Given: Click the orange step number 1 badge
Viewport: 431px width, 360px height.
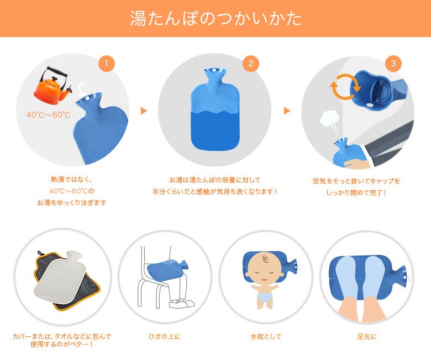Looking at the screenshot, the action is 107,64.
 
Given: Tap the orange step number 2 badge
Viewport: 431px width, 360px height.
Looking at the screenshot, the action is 251,64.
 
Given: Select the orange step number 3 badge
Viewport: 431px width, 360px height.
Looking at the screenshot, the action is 393,64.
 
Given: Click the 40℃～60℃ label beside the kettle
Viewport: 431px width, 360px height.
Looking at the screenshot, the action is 49,114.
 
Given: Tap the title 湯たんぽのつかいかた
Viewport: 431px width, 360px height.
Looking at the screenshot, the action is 215,18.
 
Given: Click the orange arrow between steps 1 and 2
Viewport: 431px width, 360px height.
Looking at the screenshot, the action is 144,111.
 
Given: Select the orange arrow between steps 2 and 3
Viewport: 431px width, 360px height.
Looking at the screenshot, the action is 287,111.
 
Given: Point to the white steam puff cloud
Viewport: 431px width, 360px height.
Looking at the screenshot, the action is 328,119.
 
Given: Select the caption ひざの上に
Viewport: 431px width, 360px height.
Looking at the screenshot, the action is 165,336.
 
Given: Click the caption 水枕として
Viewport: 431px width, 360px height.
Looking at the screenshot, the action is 266,336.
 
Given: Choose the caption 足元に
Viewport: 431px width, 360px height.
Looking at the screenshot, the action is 367,336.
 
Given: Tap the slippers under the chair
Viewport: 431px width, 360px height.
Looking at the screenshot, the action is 181,304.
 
